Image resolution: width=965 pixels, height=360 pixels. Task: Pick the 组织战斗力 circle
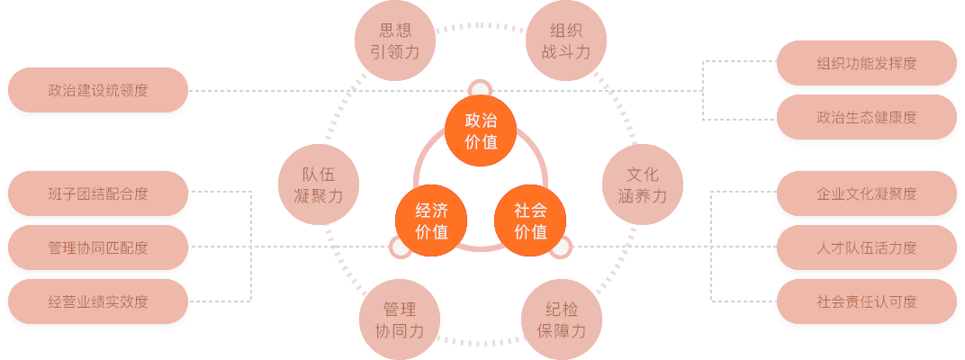coord(565,40)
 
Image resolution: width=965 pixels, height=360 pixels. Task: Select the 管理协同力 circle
coord(399,320)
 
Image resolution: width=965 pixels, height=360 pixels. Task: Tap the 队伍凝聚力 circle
coord(319,184)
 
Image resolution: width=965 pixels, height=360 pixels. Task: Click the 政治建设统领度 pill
coord(98,91)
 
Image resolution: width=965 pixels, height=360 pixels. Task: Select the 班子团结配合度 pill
coord(98,193)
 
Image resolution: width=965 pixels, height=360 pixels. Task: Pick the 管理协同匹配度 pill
coord(98,247)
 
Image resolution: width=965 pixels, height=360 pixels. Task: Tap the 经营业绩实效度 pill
coord(98,301)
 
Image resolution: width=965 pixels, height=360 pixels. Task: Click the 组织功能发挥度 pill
coord(866,64)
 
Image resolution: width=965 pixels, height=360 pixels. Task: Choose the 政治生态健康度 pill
coord(866,118)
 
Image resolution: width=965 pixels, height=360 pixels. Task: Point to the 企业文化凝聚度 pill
coord(866,193)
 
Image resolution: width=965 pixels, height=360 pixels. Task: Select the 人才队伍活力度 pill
coord(866,247)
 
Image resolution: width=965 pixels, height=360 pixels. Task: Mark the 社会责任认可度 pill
coord(866,301)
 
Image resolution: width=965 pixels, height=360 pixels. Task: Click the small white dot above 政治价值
coord(480,89)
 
